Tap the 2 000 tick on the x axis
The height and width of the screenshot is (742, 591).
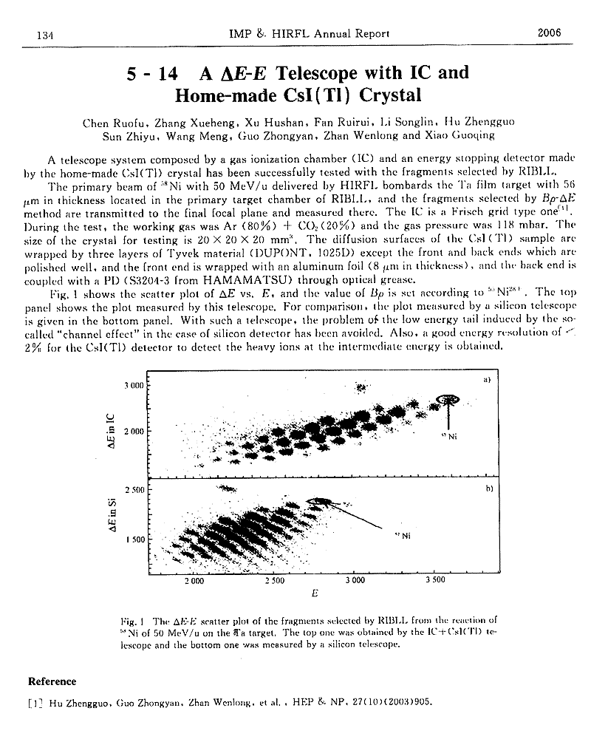click(194, 582)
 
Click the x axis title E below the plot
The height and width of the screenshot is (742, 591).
click(315, 593)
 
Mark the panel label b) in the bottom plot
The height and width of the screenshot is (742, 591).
click(488, 489)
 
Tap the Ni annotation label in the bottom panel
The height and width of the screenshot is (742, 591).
click(402, 535)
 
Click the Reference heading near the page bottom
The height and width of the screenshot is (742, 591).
click(52, 681)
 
